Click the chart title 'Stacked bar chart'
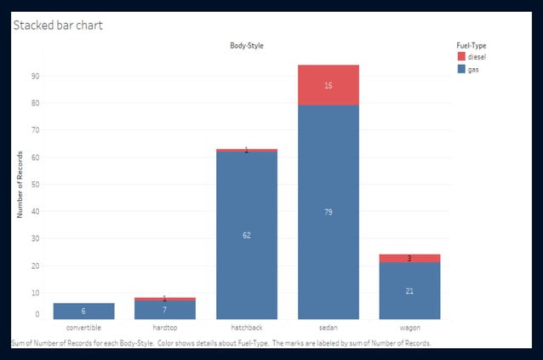58,26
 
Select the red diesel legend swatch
462,57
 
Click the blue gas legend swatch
462,69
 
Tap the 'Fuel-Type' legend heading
471,45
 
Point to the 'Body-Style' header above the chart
246,44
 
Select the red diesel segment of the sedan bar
328,85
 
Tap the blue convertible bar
83,311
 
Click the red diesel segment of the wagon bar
409,258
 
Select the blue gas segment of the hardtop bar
165,310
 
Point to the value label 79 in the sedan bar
328,211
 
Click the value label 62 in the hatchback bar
246,235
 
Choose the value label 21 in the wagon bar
409,290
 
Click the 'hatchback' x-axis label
246,328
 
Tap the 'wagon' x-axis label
409,328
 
